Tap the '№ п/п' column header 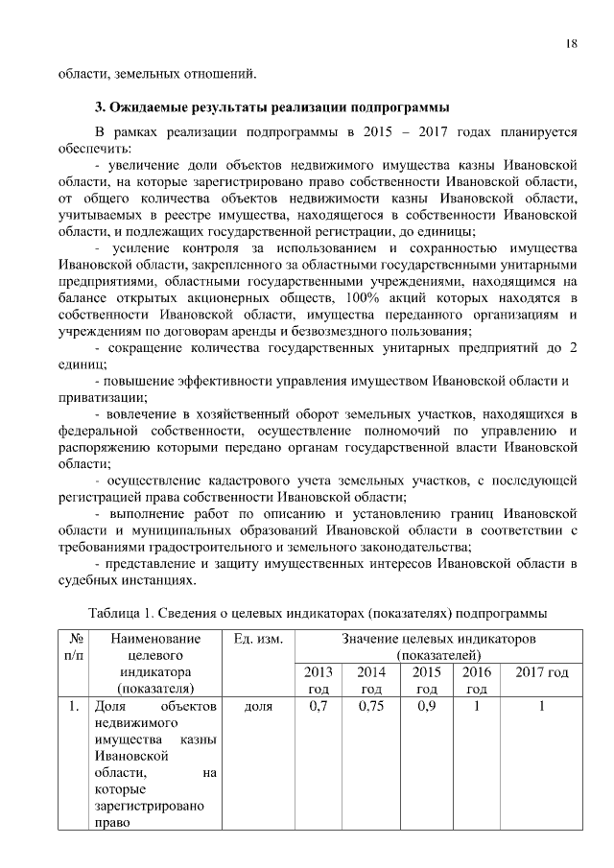74,646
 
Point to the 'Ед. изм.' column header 257,639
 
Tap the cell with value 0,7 319,707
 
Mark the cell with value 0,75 371,707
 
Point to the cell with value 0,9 427,707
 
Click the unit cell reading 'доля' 257,707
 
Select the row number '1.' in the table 74,707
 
